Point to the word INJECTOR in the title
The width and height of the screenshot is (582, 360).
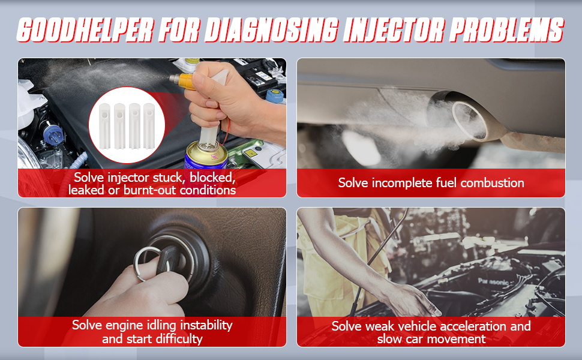coord(389,30)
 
